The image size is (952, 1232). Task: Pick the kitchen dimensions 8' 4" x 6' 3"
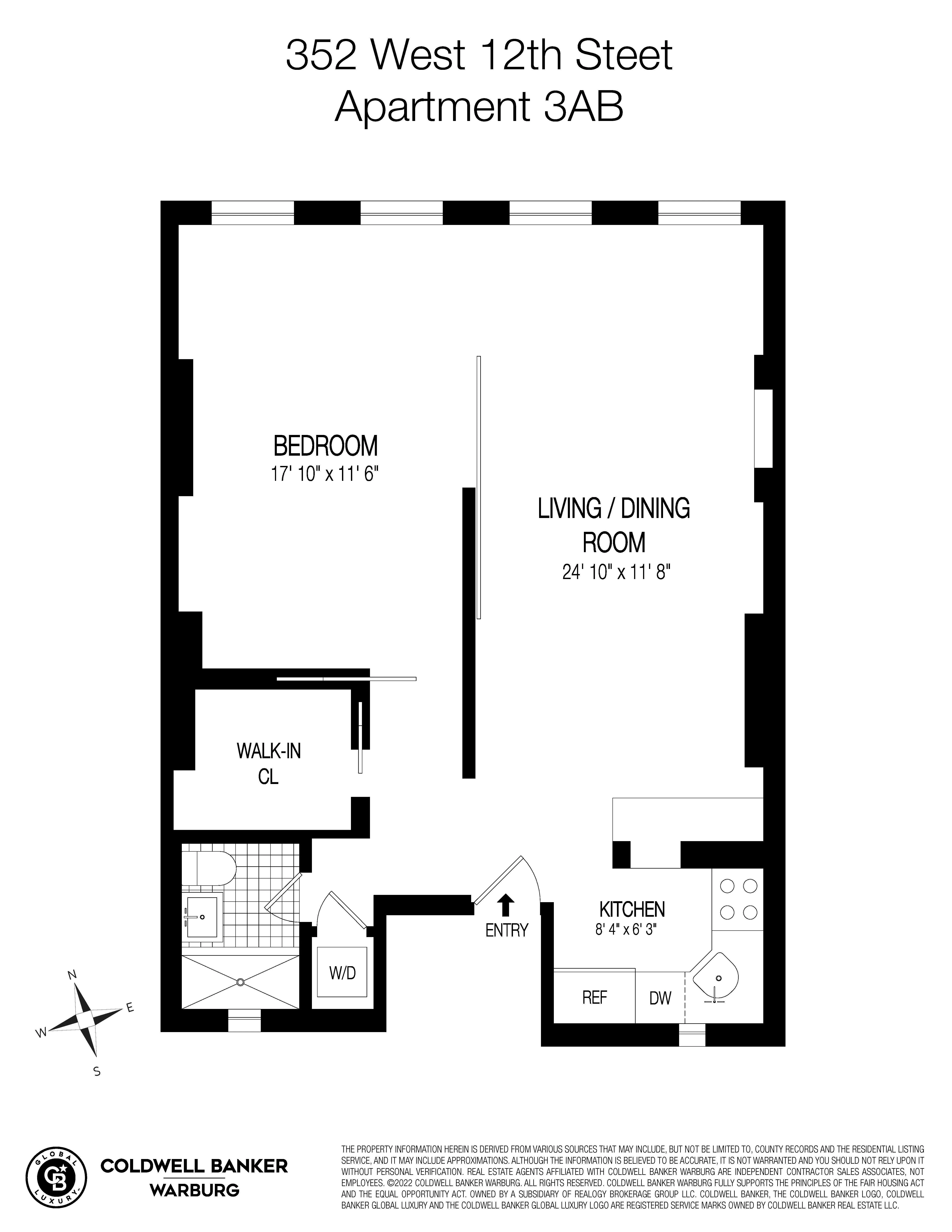pyautogui.click(x=627, y=930)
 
